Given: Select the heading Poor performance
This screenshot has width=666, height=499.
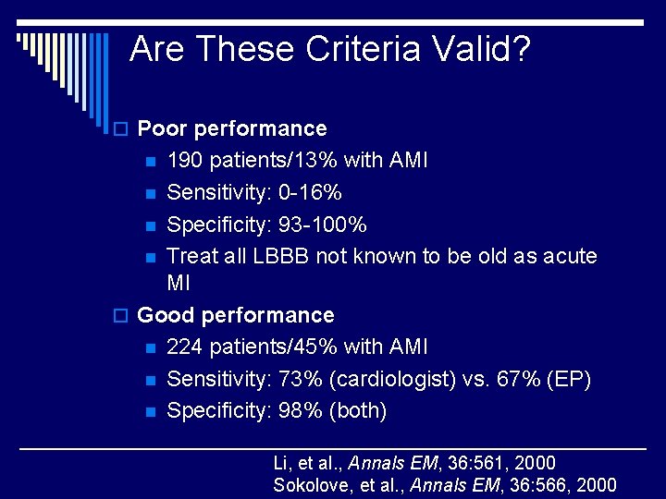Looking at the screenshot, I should pyautogui.click(x=231, y=128).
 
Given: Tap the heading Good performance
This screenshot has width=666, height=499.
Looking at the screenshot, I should pyautogui.click(x=235, y=315).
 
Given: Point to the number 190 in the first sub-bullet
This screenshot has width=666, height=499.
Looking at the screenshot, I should pyautogui.click(x=185, y=161).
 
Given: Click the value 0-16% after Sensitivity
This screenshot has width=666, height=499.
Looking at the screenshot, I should pyautogui.click(x=312, y=192).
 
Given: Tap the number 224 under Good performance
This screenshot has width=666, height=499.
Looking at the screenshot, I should pyautogui.click(x=185, y=347).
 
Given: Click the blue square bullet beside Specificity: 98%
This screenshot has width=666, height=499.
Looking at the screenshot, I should pyautogui.click(x=150, y=411).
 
